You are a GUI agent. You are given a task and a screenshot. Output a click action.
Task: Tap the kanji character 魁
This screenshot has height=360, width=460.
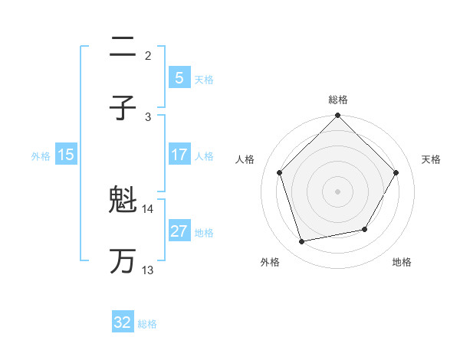click(123, 201)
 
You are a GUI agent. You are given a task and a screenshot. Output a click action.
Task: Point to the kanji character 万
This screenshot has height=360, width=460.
click(123, 261)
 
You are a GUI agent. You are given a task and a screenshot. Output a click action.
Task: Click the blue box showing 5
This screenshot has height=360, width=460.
click(179, 77)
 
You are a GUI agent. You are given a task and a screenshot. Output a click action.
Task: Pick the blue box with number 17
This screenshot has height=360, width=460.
click(179, 155)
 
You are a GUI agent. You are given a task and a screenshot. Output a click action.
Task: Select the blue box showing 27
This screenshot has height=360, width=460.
click(179, 231)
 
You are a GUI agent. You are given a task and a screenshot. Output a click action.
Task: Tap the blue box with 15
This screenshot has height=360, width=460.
click(66, 155)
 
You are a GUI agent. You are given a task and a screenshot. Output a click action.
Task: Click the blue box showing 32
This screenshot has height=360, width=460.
click(123, 322)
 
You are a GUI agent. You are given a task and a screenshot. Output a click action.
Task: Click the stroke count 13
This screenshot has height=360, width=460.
click(148, 270)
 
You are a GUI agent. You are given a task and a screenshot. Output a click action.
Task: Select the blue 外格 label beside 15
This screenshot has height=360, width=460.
click(41, 155)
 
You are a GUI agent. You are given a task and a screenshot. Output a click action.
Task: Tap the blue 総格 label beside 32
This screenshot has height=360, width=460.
click(147, 323)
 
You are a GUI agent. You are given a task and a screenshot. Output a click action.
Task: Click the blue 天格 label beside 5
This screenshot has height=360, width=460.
click(204, 79)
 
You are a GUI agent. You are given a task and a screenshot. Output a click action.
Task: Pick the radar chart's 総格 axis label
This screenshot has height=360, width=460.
click(338, 100)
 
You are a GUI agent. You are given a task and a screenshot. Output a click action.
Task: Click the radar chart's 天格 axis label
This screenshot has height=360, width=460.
click(431, 159)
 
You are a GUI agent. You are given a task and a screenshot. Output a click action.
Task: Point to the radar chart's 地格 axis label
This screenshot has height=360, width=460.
click(402, 262)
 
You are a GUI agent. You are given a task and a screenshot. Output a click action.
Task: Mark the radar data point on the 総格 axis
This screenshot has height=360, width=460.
click(338, 116)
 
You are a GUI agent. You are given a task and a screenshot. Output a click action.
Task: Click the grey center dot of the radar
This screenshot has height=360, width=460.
click(338, 191)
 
